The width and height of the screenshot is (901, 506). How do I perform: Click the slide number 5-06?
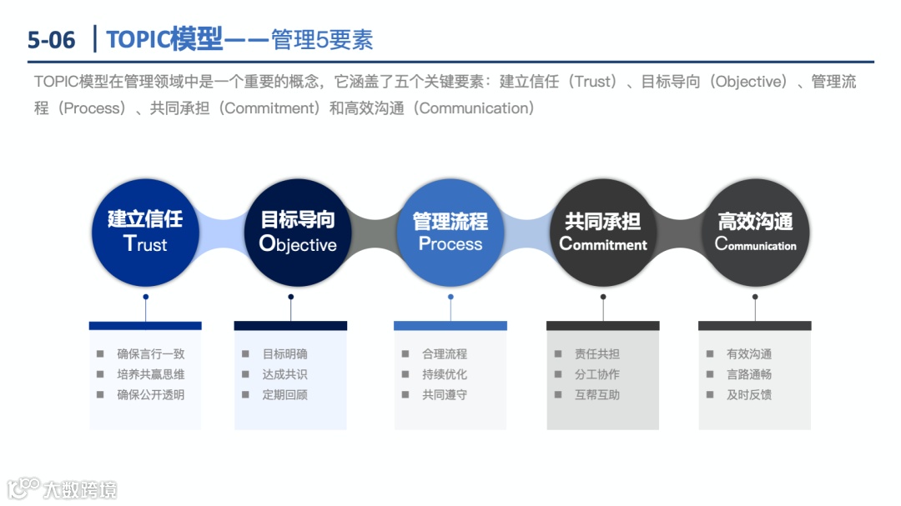coord(51,39)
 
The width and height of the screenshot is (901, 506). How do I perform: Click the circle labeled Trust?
coord(145,232)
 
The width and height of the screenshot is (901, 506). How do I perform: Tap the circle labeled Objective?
coord(298,232)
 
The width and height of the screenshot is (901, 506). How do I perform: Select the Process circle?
coord(450,232)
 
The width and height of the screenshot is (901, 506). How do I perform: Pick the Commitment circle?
coord(602,232)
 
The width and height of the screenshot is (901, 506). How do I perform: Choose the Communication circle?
coord(755,232)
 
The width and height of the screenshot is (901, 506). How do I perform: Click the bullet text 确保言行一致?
coord(150,354)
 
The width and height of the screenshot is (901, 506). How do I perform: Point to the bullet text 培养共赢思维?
coord(150,374)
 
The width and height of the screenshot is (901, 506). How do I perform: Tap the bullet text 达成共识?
coord(284,374)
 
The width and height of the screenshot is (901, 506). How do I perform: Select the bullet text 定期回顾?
coord(284,395)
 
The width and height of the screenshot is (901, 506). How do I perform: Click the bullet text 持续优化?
coord(445,374)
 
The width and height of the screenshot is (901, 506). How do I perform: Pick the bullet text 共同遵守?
coord(445,395)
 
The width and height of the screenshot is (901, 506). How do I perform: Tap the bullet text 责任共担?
coord(597,354)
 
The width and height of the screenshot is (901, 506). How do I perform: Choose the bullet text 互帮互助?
coord(597,395)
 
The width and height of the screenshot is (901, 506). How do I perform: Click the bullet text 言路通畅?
coord(749,374)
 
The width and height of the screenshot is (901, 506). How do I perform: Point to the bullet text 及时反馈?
coord(749,395)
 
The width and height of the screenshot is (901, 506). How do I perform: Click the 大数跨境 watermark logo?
coord(63,488)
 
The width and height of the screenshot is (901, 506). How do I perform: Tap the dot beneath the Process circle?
coord(450,297)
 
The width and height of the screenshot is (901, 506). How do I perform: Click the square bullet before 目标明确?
coord(245,354)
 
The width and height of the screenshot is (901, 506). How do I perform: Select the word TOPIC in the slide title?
coord(138,39)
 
